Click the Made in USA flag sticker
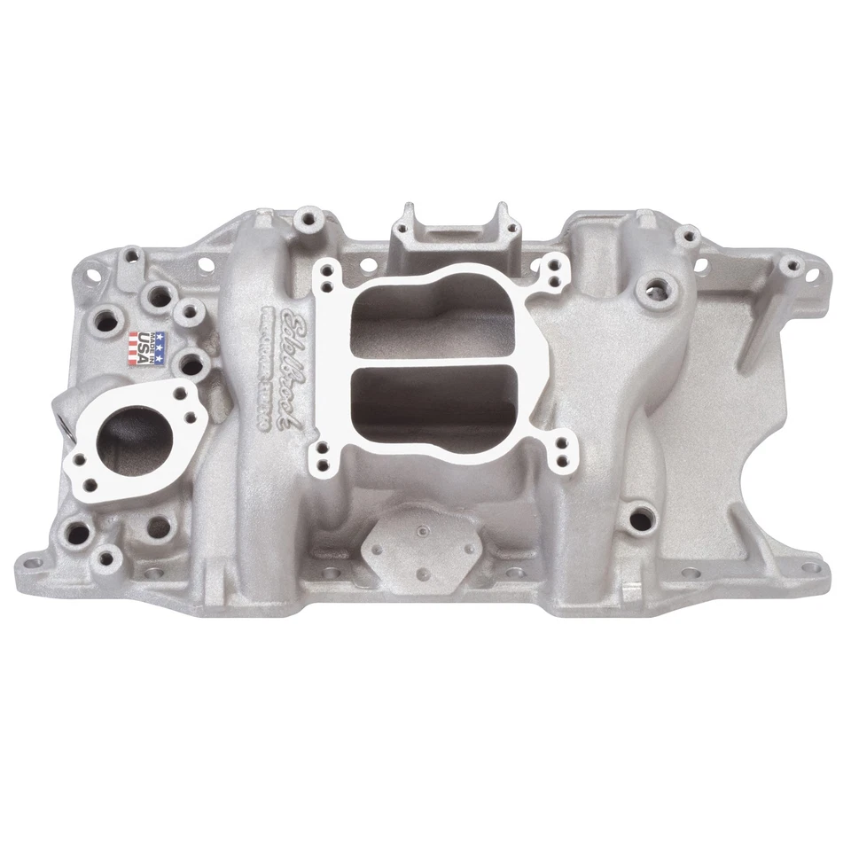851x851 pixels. point(147,347)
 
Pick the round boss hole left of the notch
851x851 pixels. point(637,512)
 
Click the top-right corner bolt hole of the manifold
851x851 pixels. point(787,263)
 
